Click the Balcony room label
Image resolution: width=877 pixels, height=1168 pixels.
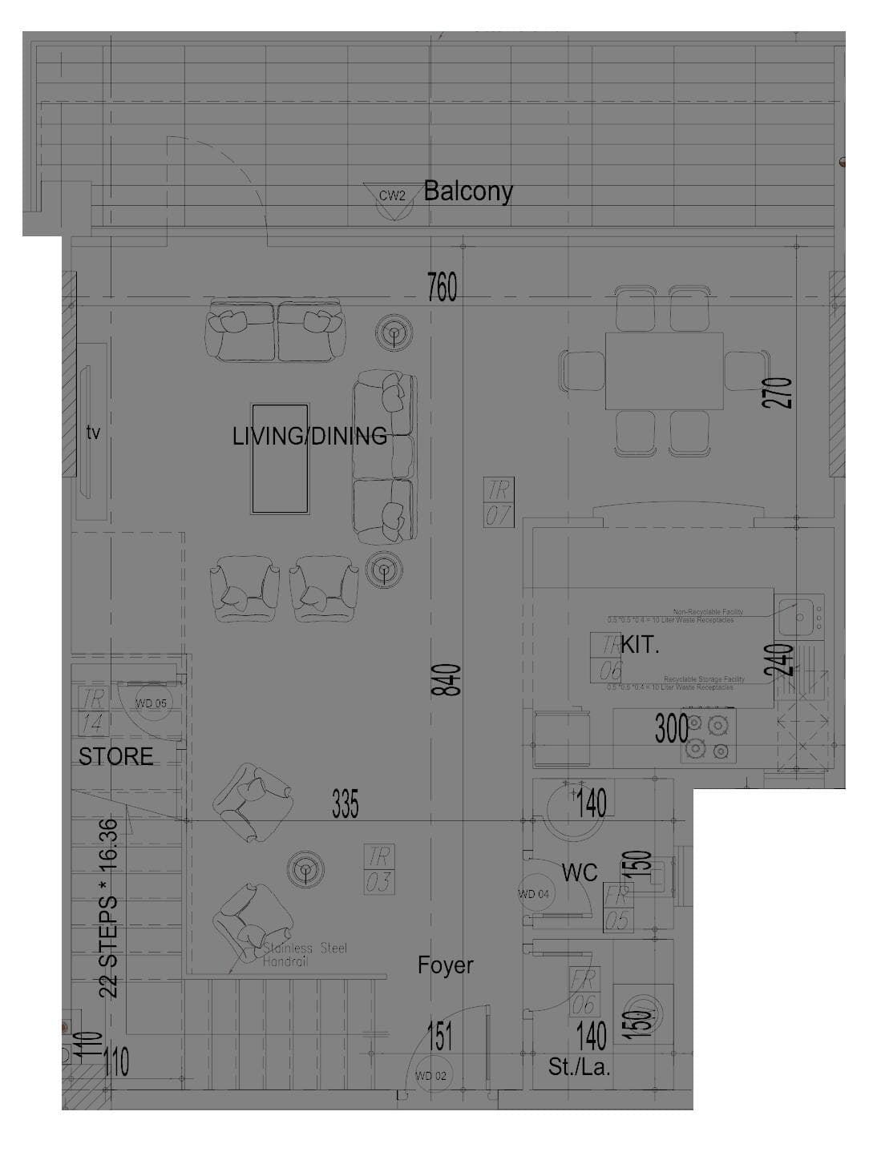[467, 191]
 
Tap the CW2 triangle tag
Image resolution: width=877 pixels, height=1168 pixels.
[392, 196]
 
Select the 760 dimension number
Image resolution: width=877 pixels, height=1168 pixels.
[442, 288]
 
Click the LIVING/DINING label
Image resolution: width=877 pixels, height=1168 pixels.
[309, 437]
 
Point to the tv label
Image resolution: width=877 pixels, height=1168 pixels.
[93, 433]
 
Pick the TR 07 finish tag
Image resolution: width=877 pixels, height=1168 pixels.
[498, 502]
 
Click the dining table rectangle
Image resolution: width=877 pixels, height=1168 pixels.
[664, 372]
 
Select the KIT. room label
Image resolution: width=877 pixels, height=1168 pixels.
[640, 646]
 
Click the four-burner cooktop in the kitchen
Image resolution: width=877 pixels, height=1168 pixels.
[709, 737]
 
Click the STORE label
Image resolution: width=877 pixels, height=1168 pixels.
[115, 757]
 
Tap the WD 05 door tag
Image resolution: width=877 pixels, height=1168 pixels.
[150, 704]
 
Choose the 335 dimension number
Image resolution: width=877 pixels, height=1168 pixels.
[345, 804]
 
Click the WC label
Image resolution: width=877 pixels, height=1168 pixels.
[579, 872]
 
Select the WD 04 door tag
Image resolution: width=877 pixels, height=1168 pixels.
[534, 894]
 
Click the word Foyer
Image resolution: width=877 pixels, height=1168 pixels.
[445, 965]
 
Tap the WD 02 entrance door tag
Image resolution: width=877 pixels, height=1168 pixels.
[430, 1076]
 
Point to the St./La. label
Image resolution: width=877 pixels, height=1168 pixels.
[579, 1067]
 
